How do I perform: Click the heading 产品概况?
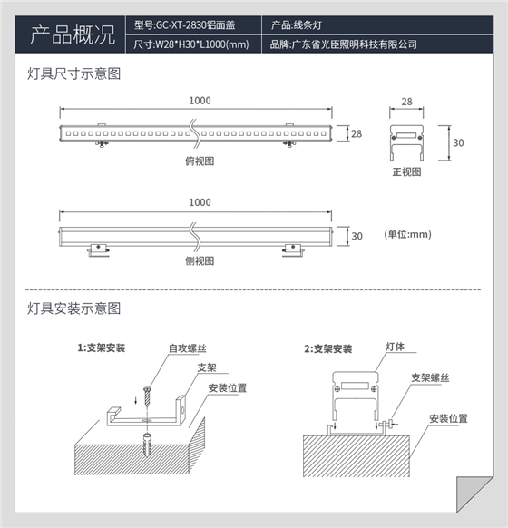(73, 35)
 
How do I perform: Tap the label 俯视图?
(199, 161)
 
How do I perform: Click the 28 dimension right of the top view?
(356, 133)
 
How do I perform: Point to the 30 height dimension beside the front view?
(457, 142)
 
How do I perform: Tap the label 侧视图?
(199, 260)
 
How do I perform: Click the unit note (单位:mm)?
(406, 234)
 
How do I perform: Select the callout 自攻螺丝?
(184, 348)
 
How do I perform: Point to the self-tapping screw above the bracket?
(145, 396)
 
